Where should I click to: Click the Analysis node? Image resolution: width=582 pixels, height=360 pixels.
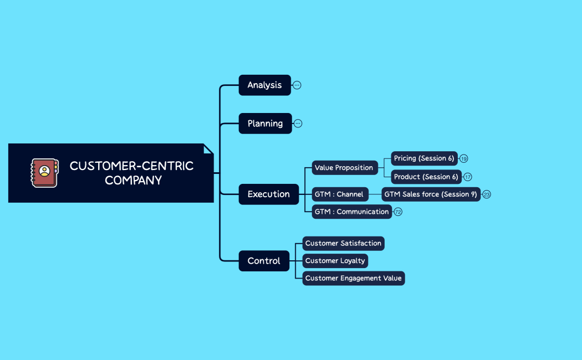click(x=264, y=85)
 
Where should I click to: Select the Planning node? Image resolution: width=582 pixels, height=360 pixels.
click(x=265, y=124)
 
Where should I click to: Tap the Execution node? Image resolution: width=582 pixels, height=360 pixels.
click(x=268, y=194)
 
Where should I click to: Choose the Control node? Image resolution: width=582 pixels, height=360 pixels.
click(x=264, y=261)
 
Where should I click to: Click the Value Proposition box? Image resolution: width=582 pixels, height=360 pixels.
click(x=344, y=168)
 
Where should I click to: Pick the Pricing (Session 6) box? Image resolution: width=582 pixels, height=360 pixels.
click(x=424, y=158)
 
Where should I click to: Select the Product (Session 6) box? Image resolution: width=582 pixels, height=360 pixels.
click(x=426, y=177)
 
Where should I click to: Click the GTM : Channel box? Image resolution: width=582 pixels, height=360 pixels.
click(x=339, y=194)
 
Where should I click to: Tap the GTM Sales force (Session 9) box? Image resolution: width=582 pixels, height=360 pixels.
click(x=431, y=194)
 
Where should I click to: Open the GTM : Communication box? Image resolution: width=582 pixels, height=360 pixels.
click(x=351, y=212)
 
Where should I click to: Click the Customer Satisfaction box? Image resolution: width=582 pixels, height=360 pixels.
click(x=343, y=243)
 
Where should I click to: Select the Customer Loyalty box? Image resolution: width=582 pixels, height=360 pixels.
click(x=335, y=261)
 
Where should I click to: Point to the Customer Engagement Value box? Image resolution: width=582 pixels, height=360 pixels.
click(x=353, y=278)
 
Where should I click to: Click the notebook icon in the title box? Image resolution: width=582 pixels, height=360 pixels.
click(x=44, y=173)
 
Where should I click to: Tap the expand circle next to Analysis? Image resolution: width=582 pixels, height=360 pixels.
click(x=297, y=85)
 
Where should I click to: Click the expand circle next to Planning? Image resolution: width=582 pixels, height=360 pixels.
click(x=298, y=124)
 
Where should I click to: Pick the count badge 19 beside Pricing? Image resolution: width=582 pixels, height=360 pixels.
click(x=464, y=159)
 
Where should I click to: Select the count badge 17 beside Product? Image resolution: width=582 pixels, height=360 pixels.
click(x=468, y=177)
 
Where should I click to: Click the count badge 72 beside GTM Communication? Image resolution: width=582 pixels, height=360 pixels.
click(x=398, y=212)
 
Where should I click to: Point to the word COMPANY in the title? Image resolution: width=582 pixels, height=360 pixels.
click(x=133, y=181)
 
